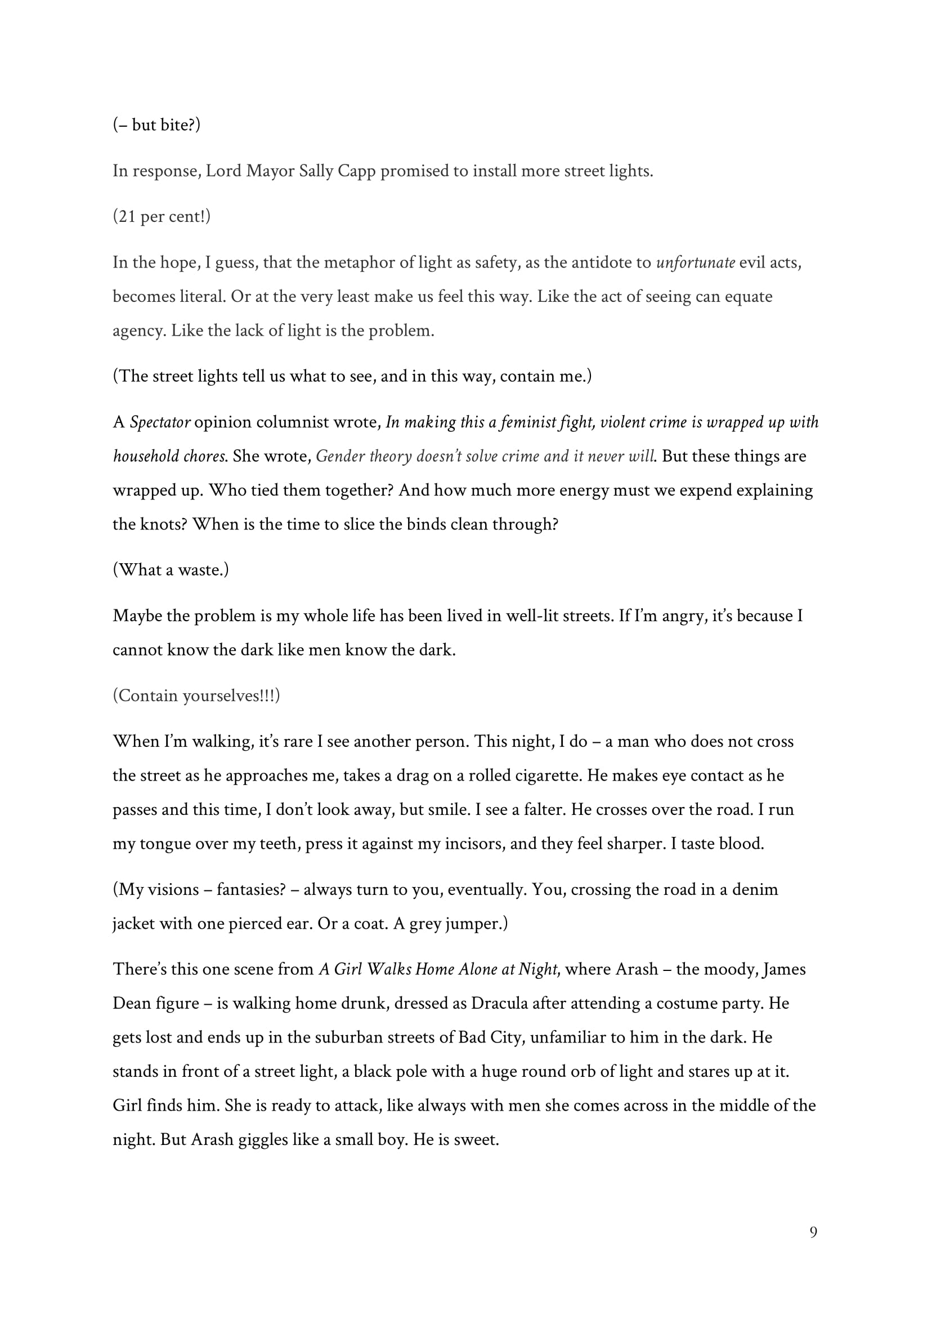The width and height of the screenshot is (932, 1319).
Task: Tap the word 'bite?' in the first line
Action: [x=180, y=124]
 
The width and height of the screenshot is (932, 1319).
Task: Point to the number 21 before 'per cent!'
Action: [x=124, y=217]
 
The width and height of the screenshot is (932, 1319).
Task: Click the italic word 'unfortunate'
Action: [x=696, y=262]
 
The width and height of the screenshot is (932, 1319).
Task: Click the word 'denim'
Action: [x=755, y=889]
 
